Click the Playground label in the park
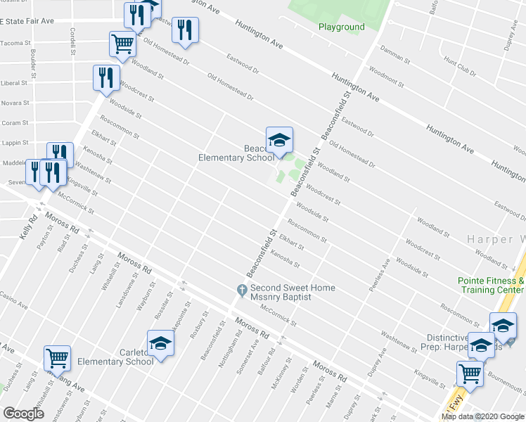(x=341, y=27)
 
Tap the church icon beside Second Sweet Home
(x=241, y=289)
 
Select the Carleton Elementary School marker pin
(x=160, y=344)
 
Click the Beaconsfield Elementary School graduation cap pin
(x=279, y=140)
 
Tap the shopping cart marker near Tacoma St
(x=122, y=44)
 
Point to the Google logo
(x=23, y=413)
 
